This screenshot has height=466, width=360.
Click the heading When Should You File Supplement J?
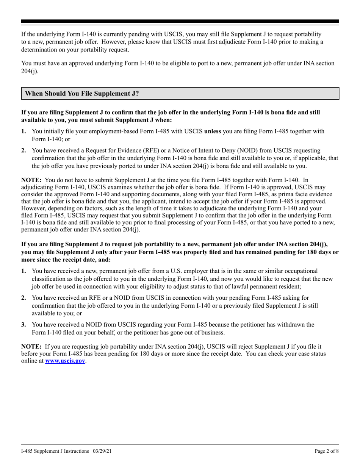click(x=82, y=94)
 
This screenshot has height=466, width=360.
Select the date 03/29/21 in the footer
click(x=101, y=452)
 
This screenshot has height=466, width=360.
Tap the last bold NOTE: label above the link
click(x=32, y=346)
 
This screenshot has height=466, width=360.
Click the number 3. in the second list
click(x=23, y=325)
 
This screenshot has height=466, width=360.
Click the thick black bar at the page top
click(x=180, y=22)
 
